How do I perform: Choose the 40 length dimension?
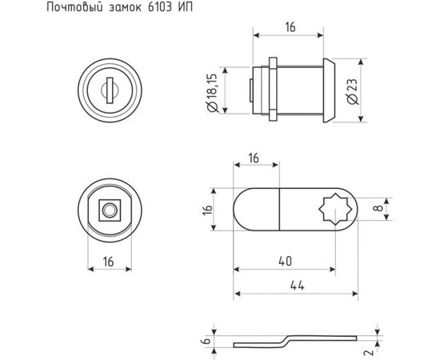click(284, 260)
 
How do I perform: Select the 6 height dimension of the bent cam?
click(206, 339)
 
